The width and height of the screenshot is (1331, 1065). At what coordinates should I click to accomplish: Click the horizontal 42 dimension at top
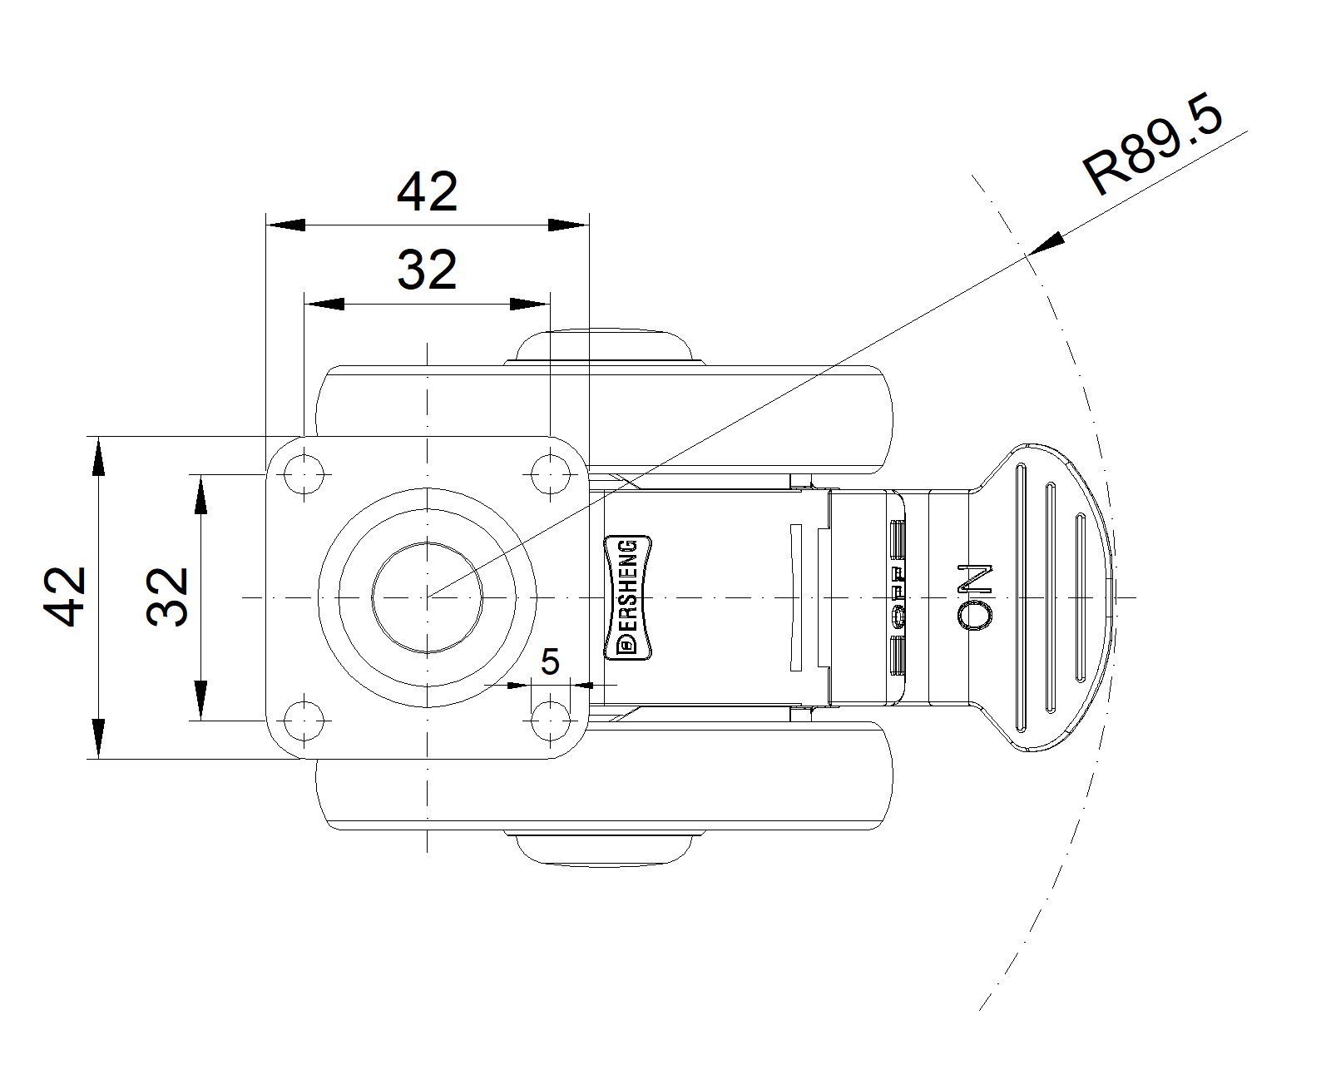427,192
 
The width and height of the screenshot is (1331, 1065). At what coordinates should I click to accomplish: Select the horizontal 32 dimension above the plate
427,270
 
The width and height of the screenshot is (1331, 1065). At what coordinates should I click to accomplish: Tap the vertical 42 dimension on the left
64,597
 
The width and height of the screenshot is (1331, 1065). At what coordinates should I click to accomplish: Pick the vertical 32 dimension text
167,597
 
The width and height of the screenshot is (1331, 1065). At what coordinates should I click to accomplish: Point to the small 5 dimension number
550,661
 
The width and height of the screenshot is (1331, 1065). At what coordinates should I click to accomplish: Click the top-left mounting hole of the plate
304,474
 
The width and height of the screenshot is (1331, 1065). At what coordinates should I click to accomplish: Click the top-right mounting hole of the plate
551,474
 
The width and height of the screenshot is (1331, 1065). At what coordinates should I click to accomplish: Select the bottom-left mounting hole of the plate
304,721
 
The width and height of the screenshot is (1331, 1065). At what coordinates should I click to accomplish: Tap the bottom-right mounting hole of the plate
551,721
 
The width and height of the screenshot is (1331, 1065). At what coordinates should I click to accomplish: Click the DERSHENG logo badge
628,597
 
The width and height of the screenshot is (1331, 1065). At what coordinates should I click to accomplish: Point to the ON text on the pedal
975,597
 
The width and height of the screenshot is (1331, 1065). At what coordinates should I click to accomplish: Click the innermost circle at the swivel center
427,597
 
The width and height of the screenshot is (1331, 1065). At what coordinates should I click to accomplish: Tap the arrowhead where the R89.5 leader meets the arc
1046,243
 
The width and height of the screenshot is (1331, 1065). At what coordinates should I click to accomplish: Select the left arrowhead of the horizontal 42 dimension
285,225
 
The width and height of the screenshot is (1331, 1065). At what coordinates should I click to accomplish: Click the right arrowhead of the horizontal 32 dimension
530,304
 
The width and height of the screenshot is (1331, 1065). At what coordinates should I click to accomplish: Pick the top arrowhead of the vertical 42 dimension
98,456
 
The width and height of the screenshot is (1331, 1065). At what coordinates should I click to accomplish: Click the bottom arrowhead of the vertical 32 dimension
200,701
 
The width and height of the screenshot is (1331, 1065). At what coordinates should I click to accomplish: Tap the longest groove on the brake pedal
1022,597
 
